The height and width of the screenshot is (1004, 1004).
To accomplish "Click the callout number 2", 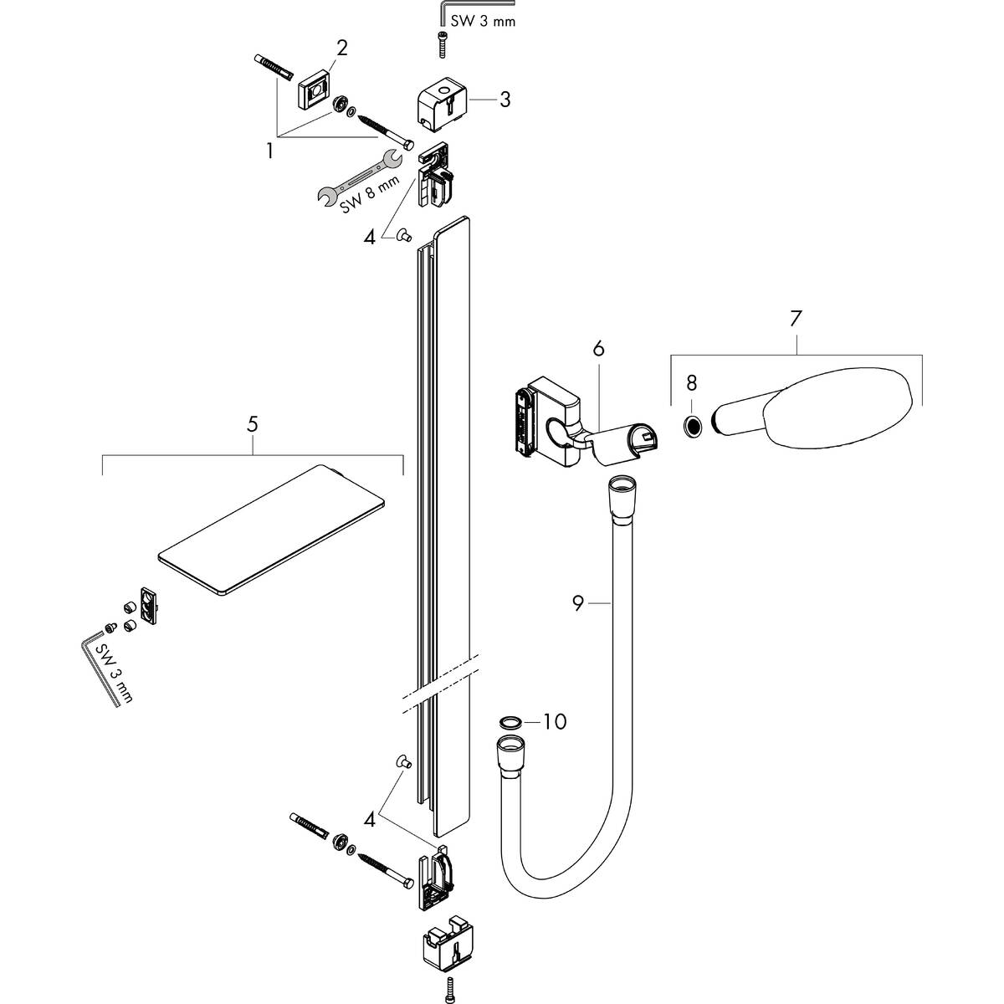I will click(x=342, y=49).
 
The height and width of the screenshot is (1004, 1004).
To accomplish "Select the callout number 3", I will click(x=505, y=100).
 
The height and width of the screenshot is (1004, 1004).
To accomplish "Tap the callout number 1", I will click(x=269, y=151).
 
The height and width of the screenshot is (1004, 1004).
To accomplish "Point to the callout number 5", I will click(x=252, y=424).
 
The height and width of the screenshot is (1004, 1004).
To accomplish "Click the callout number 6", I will click(x=598, y=347).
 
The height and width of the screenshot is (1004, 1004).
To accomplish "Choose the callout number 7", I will click(x=795, y=319).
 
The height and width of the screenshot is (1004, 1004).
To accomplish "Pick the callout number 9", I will click(x=578, y=602).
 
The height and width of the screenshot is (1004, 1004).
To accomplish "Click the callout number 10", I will click(x=555, y=720).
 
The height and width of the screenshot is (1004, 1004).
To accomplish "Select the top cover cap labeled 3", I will click(x=442, y=107).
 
